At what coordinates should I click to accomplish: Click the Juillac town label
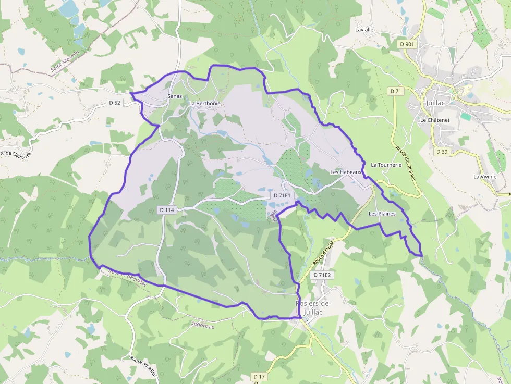436,103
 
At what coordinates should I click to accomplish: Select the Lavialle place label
364,30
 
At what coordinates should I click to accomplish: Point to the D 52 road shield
115,103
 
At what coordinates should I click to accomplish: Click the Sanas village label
174,96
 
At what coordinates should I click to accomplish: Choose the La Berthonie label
204,103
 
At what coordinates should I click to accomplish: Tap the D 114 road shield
167,210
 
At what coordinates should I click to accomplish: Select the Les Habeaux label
346,172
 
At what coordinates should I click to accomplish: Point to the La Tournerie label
386,165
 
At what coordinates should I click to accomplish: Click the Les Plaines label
382,214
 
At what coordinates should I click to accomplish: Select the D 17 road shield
259,376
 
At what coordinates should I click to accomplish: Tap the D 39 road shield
441,152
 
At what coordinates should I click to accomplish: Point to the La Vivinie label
484,177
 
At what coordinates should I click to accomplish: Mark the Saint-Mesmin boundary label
65,61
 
